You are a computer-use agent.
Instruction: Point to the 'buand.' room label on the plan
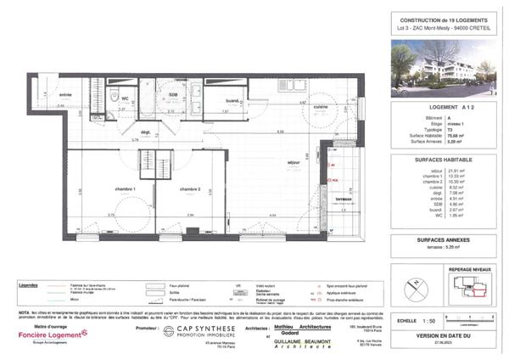231,100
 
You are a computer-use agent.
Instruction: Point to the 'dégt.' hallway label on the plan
144,132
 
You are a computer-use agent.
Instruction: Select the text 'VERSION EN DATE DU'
440,335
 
